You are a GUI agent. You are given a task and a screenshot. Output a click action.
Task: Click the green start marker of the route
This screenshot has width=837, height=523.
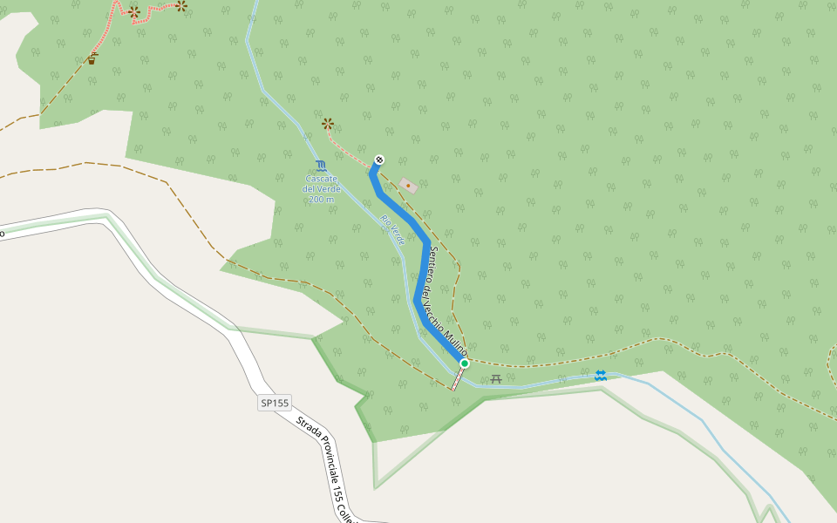click(465, 363)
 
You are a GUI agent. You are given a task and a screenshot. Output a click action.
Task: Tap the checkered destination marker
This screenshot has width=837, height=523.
click(379, 160)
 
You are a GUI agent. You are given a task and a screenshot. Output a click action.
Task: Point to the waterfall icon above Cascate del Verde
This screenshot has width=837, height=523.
click(321, 165)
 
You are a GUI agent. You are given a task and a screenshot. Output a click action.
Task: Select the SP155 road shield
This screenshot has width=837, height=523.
click(274, 403)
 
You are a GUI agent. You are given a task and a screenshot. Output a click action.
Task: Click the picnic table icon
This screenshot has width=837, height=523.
click(496, 378)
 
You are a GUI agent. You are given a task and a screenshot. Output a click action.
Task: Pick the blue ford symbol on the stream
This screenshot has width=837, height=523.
click(600, 375)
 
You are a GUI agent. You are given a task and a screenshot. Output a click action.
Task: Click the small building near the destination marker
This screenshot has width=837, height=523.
click(408, 186)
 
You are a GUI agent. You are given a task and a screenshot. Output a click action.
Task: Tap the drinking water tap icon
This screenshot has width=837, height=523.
click(92, 59)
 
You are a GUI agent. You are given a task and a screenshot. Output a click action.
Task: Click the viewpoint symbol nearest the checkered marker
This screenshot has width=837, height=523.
click(327, 124)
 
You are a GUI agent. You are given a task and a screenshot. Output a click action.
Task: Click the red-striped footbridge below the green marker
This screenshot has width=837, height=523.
click(457, 378)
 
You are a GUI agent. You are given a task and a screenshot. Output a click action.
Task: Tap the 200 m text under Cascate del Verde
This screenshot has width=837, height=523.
click(321, 200)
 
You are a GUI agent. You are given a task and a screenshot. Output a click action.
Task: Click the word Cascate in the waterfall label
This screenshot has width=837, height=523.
click(321, 179)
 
